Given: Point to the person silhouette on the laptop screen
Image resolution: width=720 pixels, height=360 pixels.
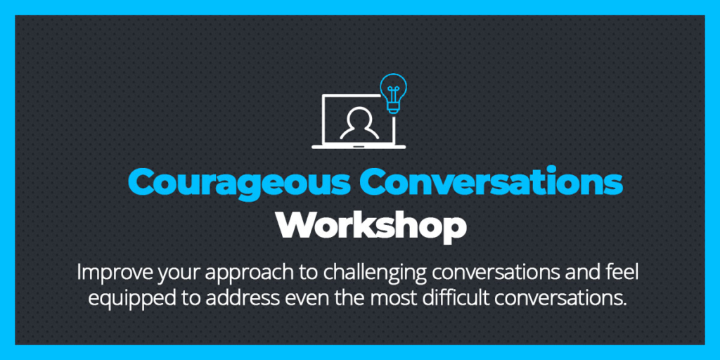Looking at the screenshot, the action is pyautogui.click(x=359, y=123).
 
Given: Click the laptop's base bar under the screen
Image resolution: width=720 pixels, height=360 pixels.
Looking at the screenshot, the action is pyautogui.click(x=359, y=147).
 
